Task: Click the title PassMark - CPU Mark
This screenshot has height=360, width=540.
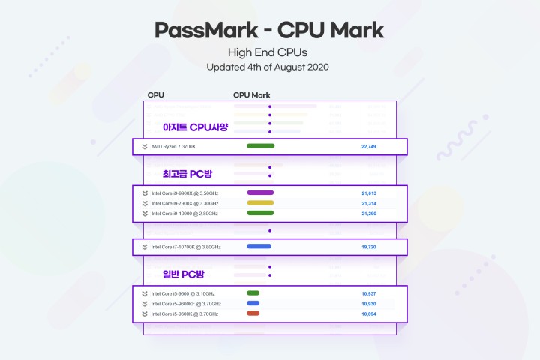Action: pyautogui.click(x=269, y=30)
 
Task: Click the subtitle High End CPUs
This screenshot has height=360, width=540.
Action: pyautogui.click(x=269, y=52)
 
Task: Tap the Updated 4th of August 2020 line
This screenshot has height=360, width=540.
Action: pyautogui.click(x=269, y=67)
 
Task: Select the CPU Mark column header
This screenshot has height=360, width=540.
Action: pyautogui.click(x=251, y=95)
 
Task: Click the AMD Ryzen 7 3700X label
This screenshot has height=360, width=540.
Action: pyautogui.click(x=173, y=146)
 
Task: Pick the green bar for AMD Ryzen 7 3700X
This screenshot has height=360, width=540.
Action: pyautogui.click(x=260, y=146)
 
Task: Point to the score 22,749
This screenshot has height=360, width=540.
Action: pyautogui.click(x=368, y=146)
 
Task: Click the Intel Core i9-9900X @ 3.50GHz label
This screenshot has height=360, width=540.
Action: pyautogui.click(x=185, y=193)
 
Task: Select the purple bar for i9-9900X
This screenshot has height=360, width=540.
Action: pyautogui.click(x=260, y=193)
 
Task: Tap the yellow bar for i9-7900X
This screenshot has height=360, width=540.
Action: pyautogui.click(x=260, y=203)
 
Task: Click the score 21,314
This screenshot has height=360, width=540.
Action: pyautogui.click(x=368, y=203)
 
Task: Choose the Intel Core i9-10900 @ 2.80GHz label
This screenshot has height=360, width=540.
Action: pyautogui.click(x=185, y=214)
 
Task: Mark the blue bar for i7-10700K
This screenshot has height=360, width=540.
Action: pyautogui.click(x=259, y=246)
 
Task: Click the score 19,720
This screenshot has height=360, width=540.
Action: pyautogui.click(x=368, y=246)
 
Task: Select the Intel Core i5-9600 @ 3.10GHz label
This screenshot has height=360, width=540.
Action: pyautogui.click(x=183, y=293)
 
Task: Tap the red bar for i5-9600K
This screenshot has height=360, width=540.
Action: pyautogui.click(x=253, y=313)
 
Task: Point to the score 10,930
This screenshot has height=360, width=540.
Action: pyautogui.click(x=368, y=303)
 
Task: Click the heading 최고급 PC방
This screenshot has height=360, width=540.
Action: pyautogui.click(x=187, y=174)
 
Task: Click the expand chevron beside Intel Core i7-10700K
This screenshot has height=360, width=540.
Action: pyautogui.click(x=144, y=246)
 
